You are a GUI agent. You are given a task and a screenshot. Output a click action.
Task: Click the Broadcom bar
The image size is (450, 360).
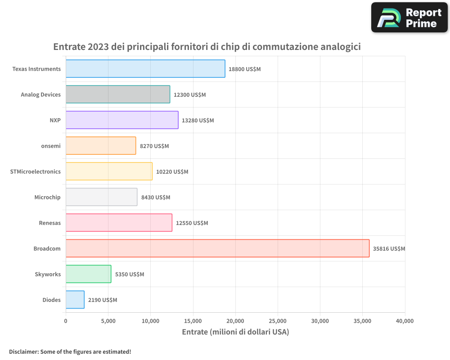pos(217,248)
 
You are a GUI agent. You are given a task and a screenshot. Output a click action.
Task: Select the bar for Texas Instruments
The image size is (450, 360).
pos(145,69)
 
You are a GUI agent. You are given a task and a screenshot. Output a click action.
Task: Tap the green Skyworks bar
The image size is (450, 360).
pos(88,274)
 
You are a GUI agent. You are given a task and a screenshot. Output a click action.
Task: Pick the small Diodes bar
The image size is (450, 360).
pos(75,300)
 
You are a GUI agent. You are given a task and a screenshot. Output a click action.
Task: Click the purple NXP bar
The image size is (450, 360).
pos(122,120)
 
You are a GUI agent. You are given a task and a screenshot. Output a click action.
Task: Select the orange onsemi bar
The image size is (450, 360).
pos(101,146)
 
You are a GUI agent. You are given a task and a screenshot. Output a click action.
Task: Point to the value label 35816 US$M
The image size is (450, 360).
pos(389,249)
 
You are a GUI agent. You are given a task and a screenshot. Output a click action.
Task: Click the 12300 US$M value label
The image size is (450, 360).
pos(189,95)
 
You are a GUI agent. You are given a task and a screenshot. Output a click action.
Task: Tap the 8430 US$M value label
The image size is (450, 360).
pos(156,198)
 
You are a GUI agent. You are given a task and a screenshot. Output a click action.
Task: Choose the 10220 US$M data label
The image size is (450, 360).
pos(172,172)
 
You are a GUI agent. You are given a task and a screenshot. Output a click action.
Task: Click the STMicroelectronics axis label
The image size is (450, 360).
pos(35,171)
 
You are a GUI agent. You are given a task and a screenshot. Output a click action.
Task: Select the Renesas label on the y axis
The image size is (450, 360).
pos(50,223)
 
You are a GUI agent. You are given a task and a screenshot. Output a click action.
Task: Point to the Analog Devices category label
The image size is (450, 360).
pos(40,94)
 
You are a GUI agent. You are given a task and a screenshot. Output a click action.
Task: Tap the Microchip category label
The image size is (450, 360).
pos(47,197)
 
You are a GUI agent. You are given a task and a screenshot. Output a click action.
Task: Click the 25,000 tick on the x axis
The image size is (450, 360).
pos(278,321)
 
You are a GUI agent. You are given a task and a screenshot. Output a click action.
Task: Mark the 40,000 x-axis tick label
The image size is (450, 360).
pos(405,321)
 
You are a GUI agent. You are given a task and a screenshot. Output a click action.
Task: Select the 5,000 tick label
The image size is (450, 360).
pos(108,321)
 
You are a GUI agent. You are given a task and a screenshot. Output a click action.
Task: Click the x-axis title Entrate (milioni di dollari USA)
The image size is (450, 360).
pos(235,332)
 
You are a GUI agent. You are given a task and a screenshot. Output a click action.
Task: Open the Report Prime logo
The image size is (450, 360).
pos(409,18)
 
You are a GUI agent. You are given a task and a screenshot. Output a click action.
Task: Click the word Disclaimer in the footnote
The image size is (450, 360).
pos(23,351)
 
